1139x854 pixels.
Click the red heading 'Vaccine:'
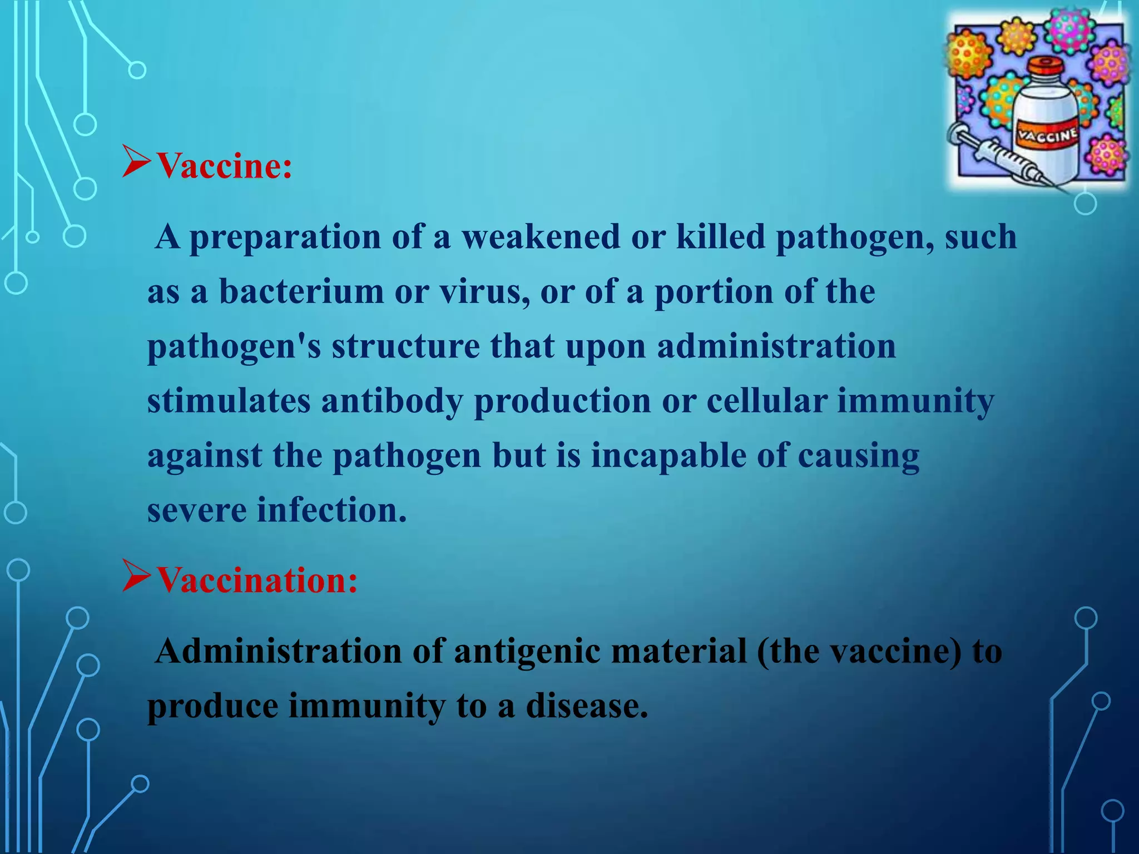point(224,166)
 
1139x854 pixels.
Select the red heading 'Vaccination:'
point(257,580)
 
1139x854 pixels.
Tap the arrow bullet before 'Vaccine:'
point(136,162)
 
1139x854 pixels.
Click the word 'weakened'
point(541,236)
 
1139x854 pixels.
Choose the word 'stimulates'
point(229,400)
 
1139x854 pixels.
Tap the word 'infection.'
point(331,510)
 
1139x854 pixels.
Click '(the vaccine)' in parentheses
point(859,651)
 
